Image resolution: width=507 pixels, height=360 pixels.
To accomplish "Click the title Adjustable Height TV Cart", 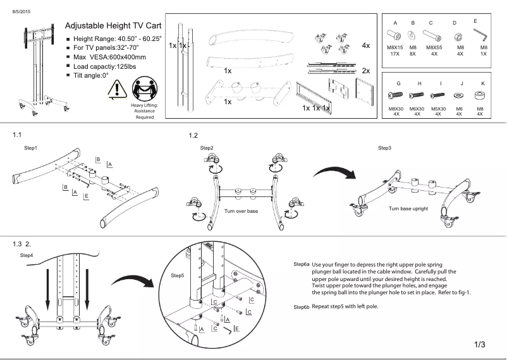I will (x=113, y=27).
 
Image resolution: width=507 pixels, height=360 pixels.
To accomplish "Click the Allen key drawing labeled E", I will (x=482, y=31).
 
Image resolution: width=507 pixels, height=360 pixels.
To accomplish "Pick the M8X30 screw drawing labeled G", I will (x=396, y=96).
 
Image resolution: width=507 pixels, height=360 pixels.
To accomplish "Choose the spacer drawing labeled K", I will (x=480, y=95).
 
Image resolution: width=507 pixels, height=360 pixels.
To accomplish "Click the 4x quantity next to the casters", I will (x=366, y=45).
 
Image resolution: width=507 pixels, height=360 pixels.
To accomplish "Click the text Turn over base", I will (x=241, y=211).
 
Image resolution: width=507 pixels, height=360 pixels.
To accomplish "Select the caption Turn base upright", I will (x=408, y=208).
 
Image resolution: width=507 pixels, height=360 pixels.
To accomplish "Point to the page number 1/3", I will (x=479, y=344).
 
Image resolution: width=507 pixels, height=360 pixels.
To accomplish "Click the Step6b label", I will (x=301, y=306).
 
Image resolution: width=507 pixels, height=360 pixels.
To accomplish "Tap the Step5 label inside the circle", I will (x=178, y=276).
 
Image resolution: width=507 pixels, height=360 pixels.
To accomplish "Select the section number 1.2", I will (x=193, y=135).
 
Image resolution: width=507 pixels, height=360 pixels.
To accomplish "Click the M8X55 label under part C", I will (x=434, y=47).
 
